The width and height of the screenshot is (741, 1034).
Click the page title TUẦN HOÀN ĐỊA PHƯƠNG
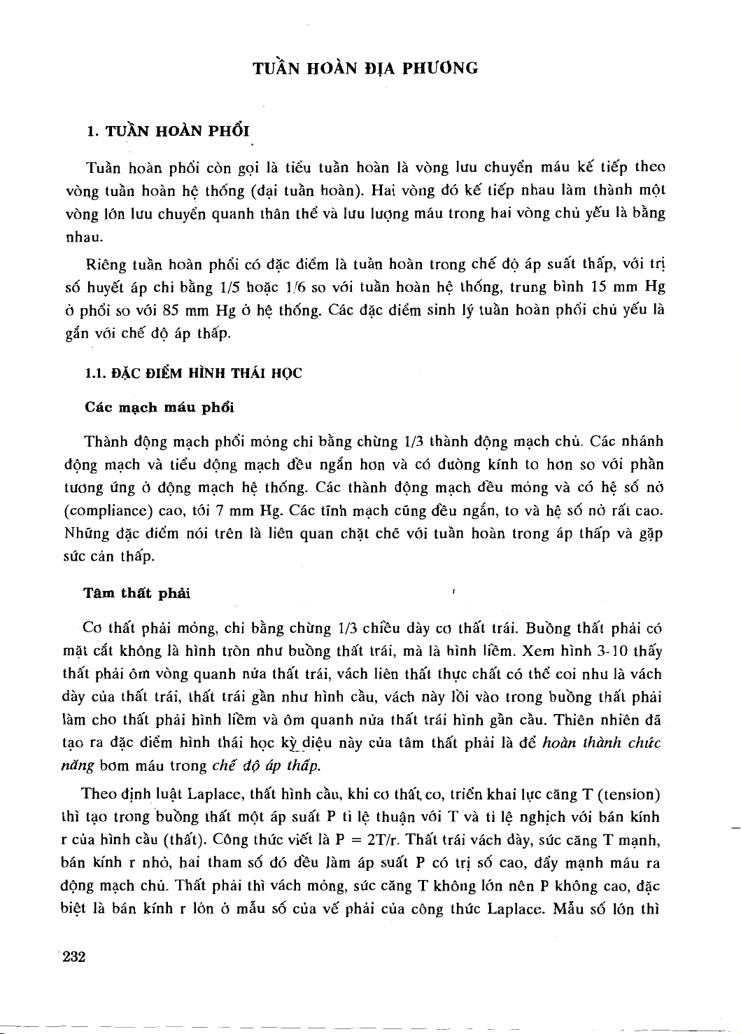(x=365, y=68)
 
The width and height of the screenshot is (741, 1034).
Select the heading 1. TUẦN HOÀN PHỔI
(x=168, y=131)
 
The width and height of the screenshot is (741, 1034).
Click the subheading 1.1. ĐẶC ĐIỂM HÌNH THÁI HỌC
(x=193, y=374)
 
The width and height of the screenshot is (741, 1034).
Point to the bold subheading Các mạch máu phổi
(x=160, y=407)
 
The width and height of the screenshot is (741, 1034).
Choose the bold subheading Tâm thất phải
(x=136, y=594)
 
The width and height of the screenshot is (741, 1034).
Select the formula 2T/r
(x=382, y=839)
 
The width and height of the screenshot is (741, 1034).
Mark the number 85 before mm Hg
(x=172, y=309)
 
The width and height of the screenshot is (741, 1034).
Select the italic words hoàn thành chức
(x=602, y=743)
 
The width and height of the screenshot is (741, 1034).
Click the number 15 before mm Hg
(x=599, y=287)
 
